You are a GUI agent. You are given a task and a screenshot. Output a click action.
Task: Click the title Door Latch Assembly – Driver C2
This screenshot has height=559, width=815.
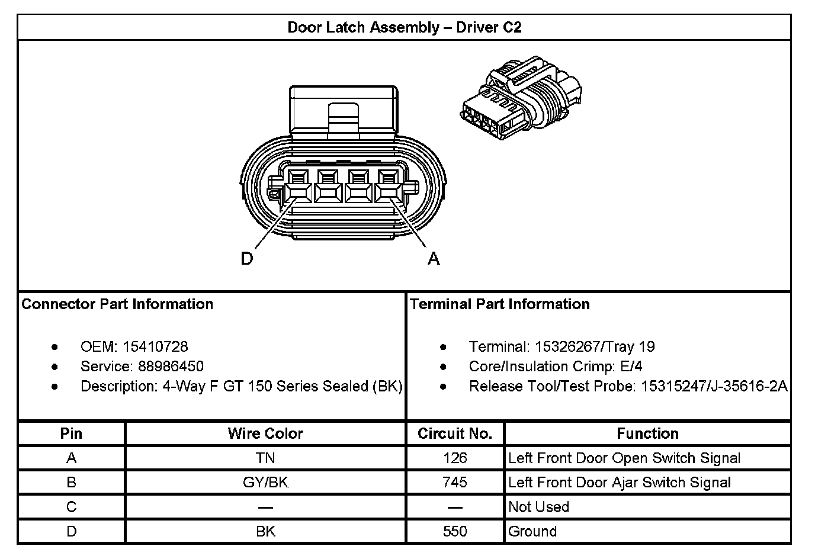(404, 27)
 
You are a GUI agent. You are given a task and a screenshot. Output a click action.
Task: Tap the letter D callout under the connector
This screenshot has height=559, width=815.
(247, 259)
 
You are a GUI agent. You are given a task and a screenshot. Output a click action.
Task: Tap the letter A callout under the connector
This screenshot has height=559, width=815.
(434, 259)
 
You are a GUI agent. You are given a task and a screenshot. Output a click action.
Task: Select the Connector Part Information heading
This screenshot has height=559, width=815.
(117, 304)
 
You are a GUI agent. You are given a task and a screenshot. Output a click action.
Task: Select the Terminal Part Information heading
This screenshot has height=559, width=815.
(500, 304)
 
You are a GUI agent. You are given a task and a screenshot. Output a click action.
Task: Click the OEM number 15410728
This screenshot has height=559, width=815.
(155, 347)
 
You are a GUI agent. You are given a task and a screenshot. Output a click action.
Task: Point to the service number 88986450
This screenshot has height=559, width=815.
(171, 367)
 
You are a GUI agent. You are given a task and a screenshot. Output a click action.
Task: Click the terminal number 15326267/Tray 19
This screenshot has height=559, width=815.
(594, 347)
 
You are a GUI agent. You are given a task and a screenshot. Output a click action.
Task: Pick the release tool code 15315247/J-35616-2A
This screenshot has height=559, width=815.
(714, 387)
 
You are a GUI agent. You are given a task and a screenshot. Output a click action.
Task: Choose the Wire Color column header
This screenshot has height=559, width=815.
(265, 433)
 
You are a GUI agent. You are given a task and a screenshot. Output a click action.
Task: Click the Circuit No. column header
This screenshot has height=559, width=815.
(455, 433)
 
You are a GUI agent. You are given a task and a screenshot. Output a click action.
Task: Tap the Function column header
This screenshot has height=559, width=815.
(647, 433)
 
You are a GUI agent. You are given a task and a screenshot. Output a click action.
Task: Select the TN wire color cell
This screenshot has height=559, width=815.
(265, 458)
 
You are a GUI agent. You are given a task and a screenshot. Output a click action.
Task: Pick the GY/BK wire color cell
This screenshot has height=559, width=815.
(265, 483)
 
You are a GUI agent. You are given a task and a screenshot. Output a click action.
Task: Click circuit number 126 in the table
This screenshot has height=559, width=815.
(455, 458)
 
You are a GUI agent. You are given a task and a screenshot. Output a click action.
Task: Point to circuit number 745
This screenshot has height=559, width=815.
(455, 483)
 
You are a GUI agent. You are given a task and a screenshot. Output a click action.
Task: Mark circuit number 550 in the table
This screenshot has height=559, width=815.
(455, 531)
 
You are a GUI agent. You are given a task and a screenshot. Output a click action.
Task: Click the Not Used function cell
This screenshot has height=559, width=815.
(538, 507)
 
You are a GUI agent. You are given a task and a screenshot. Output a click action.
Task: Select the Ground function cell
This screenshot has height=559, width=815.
(532, 531)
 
